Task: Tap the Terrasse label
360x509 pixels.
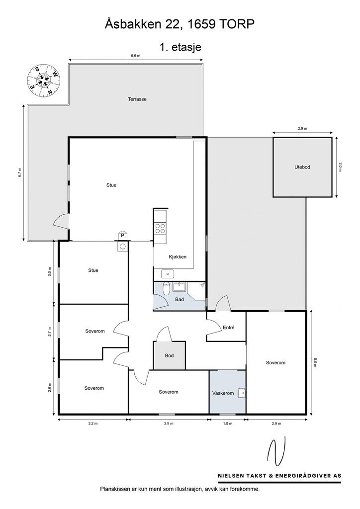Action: (137, 99)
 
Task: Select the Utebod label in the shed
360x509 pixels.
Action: (302, 167)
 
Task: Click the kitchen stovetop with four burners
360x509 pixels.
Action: (160, 229)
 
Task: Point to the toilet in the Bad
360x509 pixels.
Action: (166, 288)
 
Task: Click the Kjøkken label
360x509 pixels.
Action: (178, 257)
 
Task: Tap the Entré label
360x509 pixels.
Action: (229, 328)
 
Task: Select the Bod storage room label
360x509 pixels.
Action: (169, 355)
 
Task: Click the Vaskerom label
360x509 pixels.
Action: (223, 393)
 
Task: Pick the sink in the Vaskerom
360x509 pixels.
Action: (241, 393)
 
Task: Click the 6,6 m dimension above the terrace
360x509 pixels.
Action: (136, 56)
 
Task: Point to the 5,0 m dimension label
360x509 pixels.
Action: (315, 362)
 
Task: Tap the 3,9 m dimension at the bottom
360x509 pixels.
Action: (169, 424)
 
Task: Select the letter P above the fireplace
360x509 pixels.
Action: (123, 236)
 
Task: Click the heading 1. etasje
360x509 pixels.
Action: (180, 47)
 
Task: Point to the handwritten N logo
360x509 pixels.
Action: (276, 451)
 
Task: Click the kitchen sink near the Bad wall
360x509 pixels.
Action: (168, 274)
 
